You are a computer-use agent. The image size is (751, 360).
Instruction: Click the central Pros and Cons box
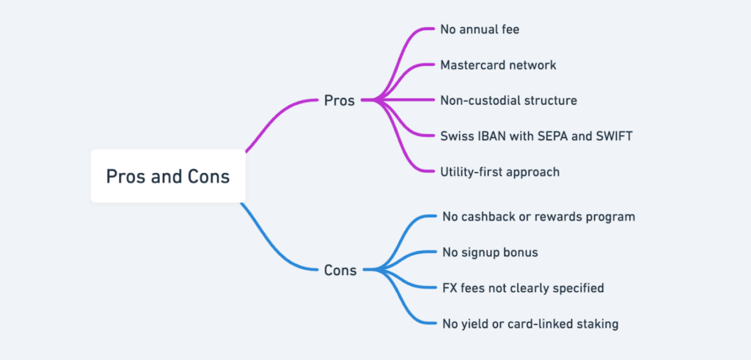[167, 177]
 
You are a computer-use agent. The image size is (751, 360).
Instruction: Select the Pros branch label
[339, 100]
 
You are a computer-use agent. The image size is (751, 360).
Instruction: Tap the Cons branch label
[340, 270]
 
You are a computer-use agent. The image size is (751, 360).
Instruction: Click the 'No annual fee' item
[480, 30]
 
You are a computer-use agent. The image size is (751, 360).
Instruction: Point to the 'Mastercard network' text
[498, 65]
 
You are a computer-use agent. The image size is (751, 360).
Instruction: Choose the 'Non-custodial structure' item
[508, 100]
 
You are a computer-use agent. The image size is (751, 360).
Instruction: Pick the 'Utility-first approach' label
[499, 172]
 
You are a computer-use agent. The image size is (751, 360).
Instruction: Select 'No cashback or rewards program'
[538, 216]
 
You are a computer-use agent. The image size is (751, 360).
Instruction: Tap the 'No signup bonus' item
[490, 252]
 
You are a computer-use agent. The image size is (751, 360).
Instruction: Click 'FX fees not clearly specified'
[523, 287]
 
